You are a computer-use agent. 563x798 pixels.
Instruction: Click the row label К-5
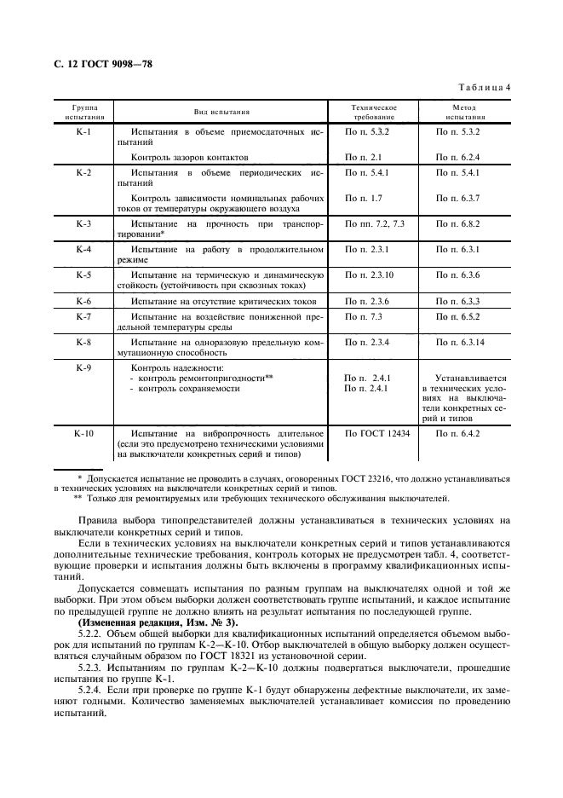coord(83,275)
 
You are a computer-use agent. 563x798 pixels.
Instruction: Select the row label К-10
coord(83,433)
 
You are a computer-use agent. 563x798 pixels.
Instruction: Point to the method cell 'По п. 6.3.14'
coord(461,342)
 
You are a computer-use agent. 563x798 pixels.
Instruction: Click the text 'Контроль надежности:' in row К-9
coord(158,367)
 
